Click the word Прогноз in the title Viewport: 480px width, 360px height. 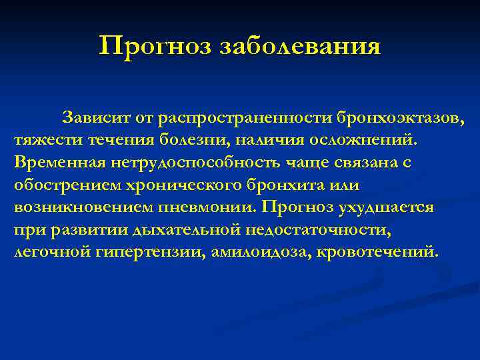click(144, 47)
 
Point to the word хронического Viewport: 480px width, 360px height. click(187, 185)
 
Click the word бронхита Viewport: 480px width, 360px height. click(288, 185)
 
